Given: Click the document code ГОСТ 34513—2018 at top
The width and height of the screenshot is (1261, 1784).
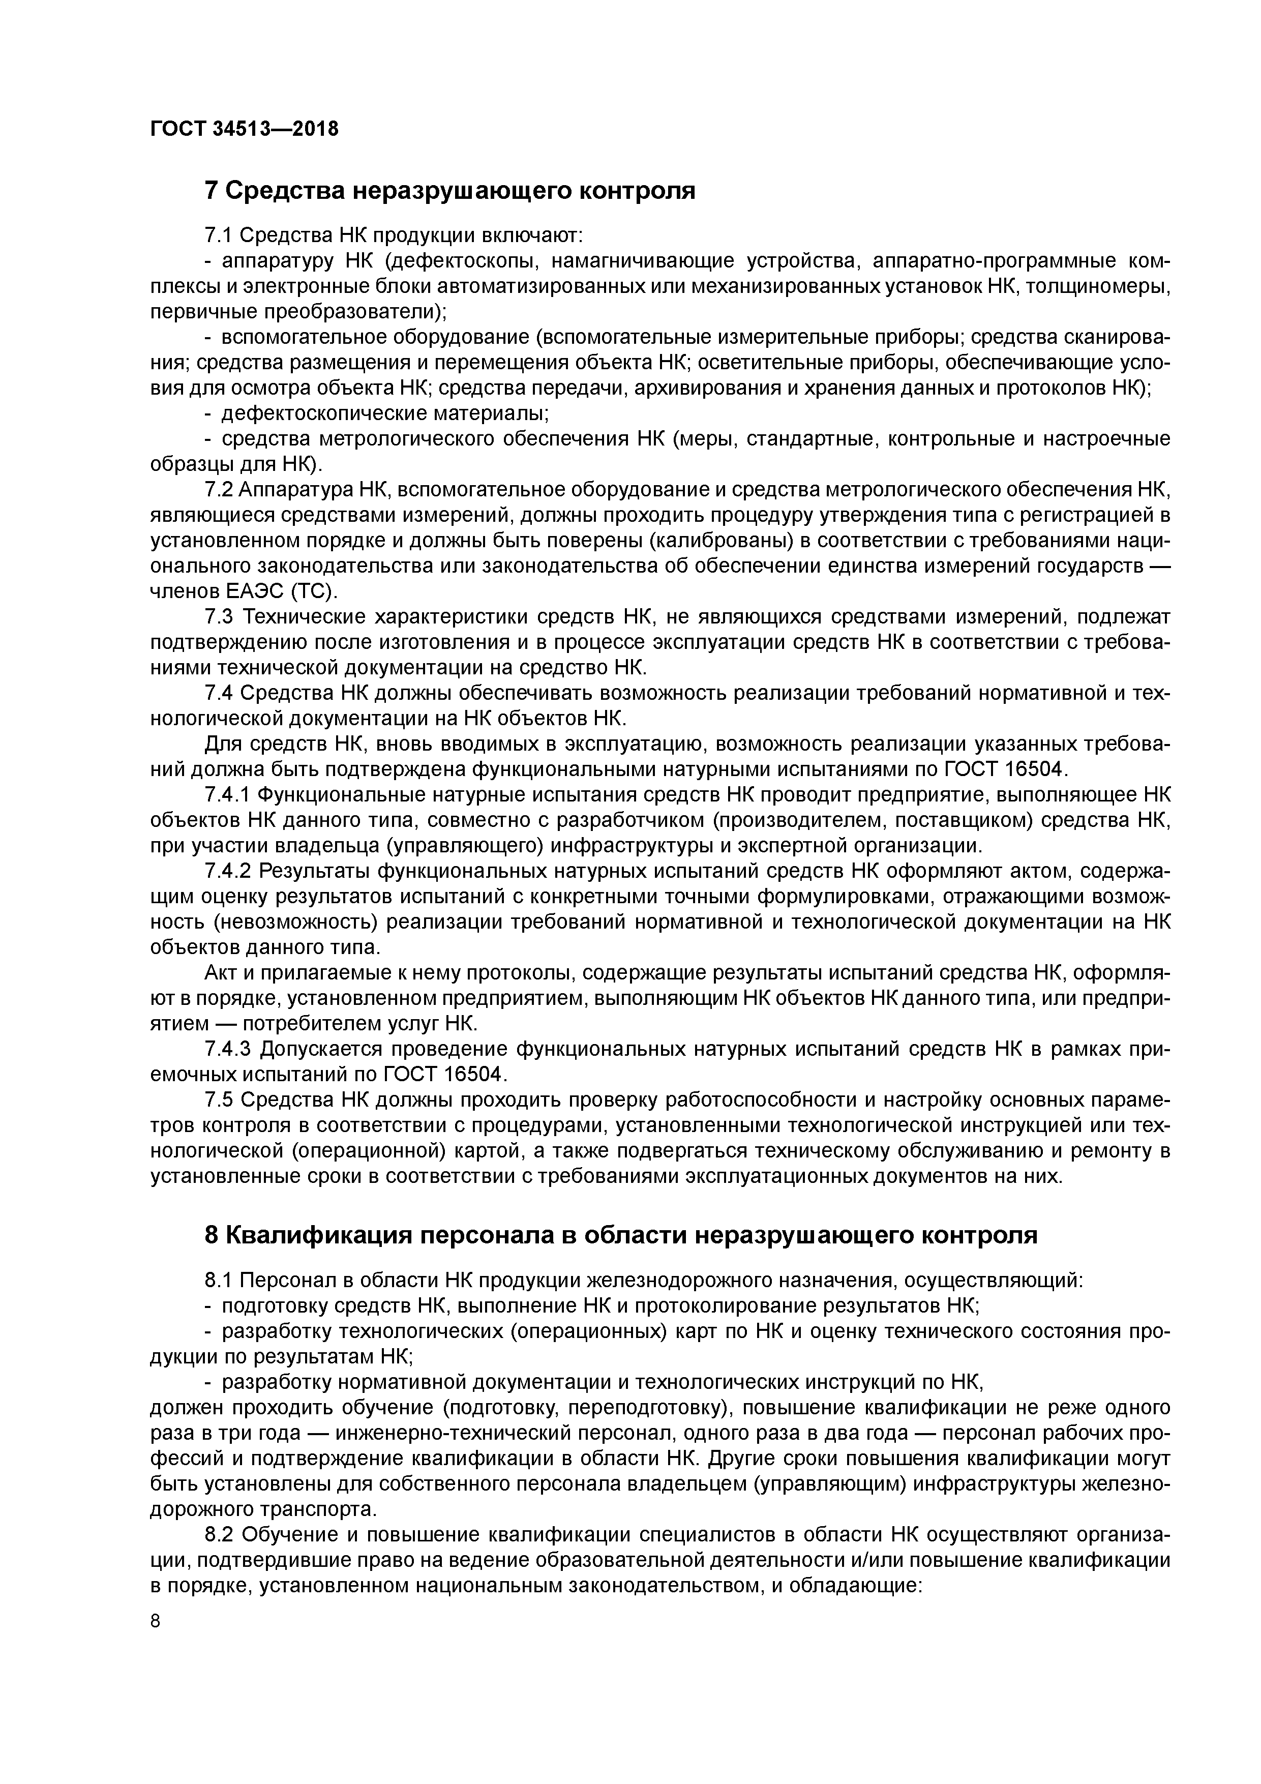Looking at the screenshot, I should (244, 129).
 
